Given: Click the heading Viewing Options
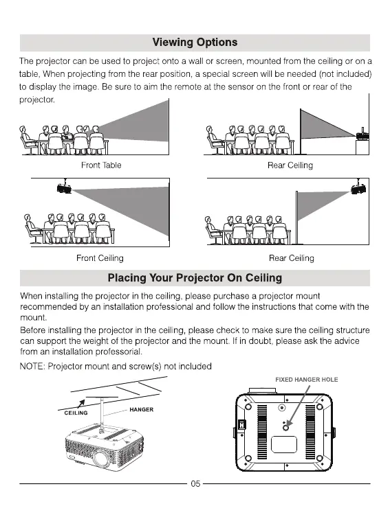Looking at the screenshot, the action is (x=195, y=43).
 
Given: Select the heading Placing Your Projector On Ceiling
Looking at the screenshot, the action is (x=195, y=278).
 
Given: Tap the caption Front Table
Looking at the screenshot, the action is (x=101, y=165).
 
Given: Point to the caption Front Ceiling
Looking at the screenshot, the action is (x=100, y=258).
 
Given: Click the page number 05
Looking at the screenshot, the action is (x=195, y=483).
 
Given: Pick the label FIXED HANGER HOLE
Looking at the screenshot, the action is (x=307, y=380).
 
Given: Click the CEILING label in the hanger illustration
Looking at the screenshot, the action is (x=76, y=413).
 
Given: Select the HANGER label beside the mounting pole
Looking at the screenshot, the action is (x=141, y=409).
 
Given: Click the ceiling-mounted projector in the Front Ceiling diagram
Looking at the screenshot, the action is (x=64, y=188).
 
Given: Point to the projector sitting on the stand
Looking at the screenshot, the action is (x=362, y=135).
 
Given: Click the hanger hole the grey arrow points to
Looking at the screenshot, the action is (x=286, y=428).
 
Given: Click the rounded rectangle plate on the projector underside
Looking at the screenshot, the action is (x=284, y=444).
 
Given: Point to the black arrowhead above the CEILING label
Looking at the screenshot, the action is (x=82, y=402).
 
